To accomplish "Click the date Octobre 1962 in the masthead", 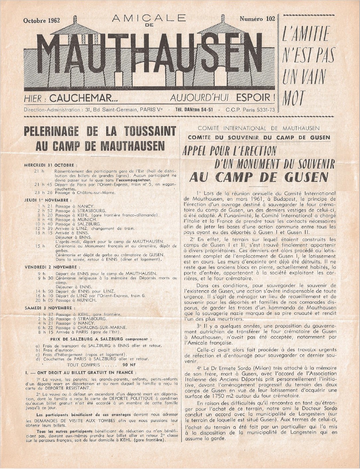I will coord(42,21).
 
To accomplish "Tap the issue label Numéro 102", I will coord(257,19).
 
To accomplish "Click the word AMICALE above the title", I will coord(149,19).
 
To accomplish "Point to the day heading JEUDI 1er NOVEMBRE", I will coord(48,200).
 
